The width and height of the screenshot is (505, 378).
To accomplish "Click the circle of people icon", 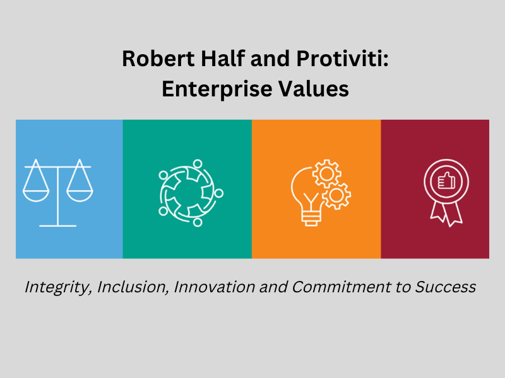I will click(190, 192).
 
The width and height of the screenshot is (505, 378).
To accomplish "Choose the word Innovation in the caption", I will click(209, 288).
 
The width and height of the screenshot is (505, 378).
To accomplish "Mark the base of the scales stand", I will click(57, 224).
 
